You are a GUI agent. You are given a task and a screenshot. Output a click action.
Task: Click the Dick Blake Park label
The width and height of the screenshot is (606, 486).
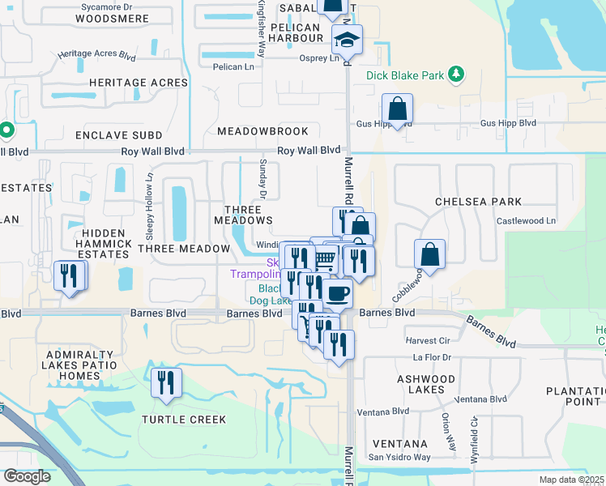pyautogui.click(x=405, y=75)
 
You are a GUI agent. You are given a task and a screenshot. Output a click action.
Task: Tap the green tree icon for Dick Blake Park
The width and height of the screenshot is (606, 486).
pyautogui.click(x=457, y=75)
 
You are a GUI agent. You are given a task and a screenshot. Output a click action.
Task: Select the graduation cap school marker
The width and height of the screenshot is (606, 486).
pyautogui.click(x=347, y=40)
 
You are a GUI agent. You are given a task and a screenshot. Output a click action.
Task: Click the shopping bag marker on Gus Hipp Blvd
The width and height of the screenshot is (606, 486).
pyautogui.click(x=398, y=109)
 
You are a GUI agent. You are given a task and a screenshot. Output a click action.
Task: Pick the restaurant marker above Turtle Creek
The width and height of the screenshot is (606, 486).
pyautogui.click(x=166, y=383)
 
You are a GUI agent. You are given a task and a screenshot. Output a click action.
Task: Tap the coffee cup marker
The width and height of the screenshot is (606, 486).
pyautogui.click(x=337, y=292)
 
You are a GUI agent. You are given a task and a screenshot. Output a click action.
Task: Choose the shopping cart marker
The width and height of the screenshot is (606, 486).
pyautogui.click(x=325, y=258)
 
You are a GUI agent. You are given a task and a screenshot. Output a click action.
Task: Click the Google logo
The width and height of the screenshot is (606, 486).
pyautogui.click(x=26, y=476)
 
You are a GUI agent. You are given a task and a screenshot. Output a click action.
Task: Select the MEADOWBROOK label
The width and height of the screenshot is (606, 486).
pyautogui.click(x=262, y=131)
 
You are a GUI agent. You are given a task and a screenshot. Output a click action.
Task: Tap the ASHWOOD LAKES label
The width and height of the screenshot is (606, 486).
pyautogui.click(x=426, y=384)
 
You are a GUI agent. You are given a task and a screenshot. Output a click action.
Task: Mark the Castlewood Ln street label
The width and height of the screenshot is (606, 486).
pyautogui.click(x=527, y=220)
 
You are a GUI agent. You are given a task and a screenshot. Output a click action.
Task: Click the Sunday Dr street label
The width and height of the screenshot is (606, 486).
pyautogui.click(x=262, y=177)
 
